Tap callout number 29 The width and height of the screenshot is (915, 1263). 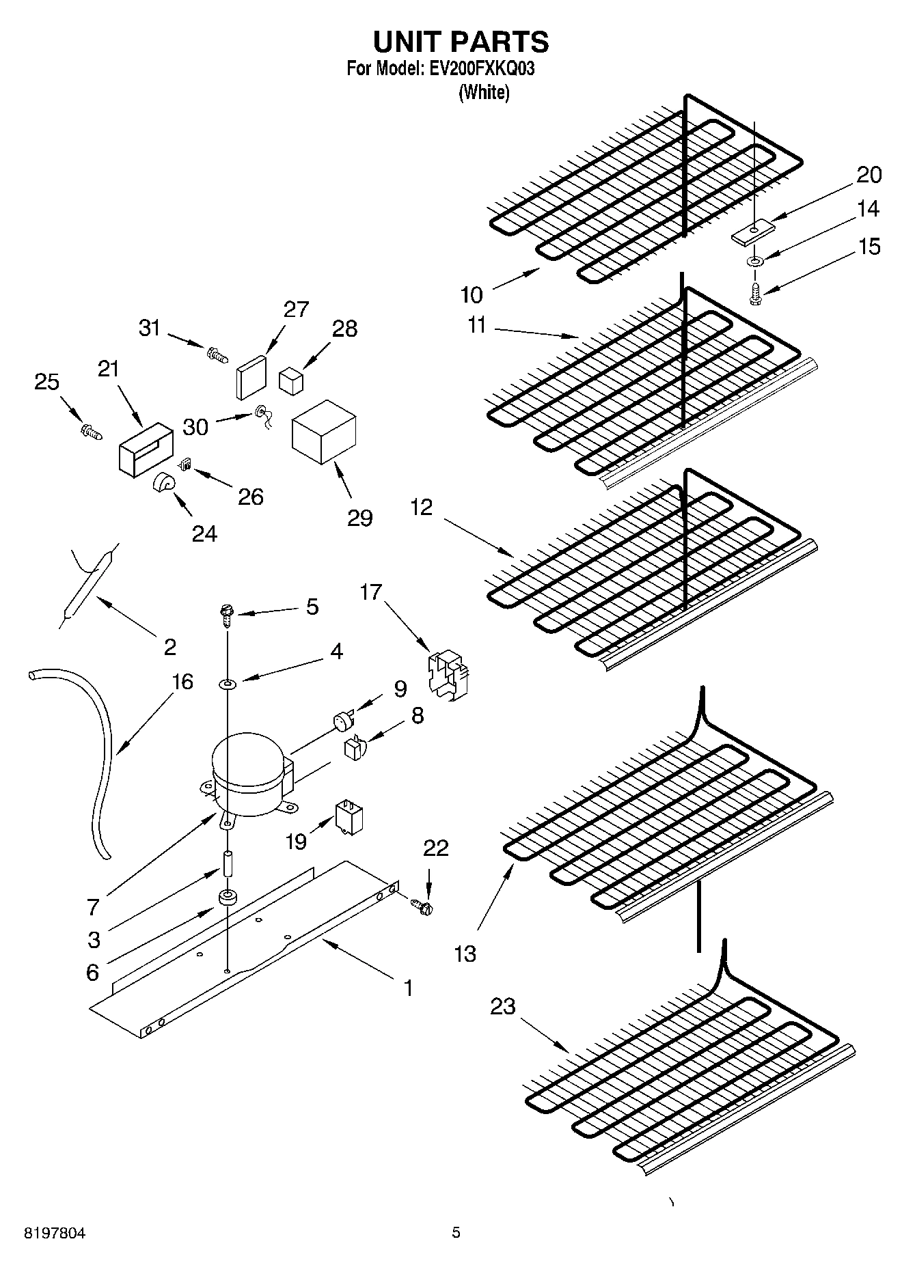coord(360,518)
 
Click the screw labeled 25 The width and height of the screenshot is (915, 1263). coord(90,430)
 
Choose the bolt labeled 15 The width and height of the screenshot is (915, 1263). coord(755,295)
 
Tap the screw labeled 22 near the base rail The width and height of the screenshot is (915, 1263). coord(424,906)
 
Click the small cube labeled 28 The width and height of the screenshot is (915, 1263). coord(291,380)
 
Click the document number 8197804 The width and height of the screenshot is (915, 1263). coord(55,1233)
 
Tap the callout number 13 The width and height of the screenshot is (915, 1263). coord(465,954)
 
